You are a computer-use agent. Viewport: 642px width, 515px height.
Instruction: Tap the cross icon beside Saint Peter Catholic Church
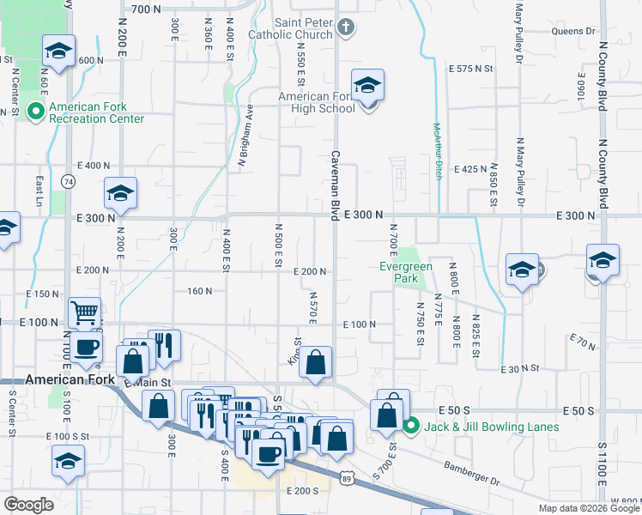coord(345,28)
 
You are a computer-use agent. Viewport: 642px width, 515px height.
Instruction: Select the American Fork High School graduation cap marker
coord(367,86)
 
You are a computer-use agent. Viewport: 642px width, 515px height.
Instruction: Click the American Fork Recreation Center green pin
coord(36,111)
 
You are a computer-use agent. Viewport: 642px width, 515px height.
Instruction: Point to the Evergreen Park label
coord(404,272)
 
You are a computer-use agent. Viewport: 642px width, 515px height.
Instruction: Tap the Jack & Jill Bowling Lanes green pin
coord(411,425)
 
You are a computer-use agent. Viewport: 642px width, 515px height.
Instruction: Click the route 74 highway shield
coord(68,181)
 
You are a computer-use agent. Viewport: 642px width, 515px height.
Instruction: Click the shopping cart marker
coord(84,313)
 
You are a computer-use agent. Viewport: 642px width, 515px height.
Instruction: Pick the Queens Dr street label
coord(573,31)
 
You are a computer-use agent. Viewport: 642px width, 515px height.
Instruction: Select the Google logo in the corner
coord(28,504)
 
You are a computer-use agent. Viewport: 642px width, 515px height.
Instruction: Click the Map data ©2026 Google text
coord(588,508)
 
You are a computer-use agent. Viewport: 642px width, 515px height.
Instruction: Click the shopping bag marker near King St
coord(316,363)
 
